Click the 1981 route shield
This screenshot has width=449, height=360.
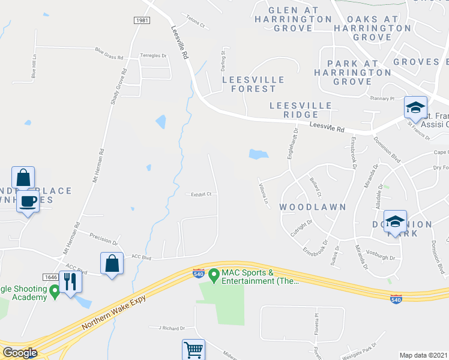pos(142,20)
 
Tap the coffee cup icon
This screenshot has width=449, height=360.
pos(28,200)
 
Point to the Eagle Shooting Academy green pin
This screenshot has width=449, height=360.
pos(55,292)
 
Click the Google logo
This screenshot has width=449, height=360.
pos(20,353)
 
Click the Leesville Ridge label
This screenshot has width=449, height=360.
pos(301,110)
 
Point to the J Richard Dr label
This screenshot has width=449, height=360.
pos(172,328)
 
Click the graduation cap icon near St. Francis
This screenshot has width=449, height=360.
pos(415,107)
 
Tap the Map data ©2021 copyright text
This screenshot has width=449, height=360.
pos(423,355)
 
